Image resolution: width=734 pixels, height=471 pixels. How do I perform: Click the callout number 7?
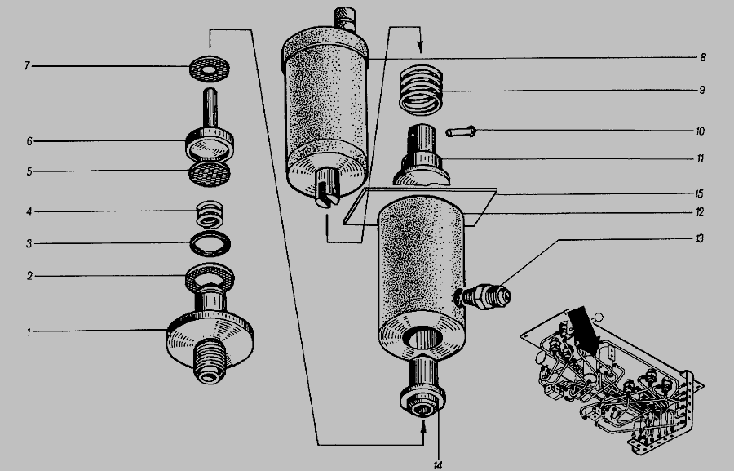click(x=27, y=65)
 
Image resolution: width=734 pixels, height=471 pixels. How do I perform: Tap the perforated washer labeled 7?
click(x=210, y=69)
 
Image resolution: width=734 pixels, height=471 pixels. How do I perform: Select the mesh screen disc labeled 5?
click(x=210, y=173)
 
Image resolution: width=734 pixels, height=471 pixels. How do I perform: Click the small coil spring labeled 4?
click(x=210, y=214)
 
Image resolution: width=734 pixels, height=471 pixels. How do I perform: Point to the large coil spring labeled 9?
click(x=421, y=90)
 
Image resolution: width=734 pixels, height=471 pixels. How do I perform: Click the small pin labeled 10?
click(x=461, y=131)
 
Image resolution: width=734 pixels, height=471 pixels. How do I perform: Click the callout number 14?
click(x=438, y=465)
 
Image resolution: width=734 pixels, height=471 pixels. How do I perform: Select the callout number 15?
click(x=699, y=193)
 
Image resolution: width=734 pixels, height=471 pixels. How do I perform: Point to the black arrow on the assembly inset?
click(x=584, y=331)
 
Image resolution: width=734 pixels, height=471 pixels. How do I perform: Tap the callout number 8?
click(x=703, y=58)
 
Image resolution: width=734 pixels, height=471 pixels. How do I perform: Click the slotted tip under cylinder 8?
click(x=327, y=189)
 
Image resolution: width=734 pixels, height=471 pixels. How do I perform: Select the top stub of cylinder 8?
click(x=345, y=19)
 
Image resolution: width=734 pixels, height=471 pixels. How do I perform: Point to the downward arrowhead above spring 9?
click(x=420, y=47)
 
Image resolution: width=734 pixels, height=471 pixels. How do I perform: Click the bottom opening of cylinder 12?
click(x=422, y=339)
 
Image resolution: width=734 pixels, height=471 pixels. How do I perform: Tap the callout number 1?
click(x=29, y=332)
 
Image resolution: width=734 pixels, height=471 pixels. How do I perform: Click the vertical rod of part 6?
click(x=210, y=109)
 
